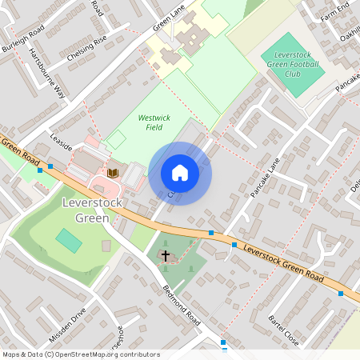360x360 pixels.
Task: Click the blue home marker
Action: [x=180, y=173]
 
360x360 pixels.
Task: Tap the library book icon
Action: [x=113, y=173]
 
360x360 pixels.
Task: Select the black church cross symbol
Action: [x=166, y=256]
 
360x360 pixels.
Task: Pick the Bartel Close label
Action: [x=283, y=330]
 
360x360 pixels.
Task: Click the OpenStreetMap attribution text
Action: [x=81, y=354]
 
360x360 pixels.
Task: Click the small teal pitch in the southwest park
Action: [x=69, y=239]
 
